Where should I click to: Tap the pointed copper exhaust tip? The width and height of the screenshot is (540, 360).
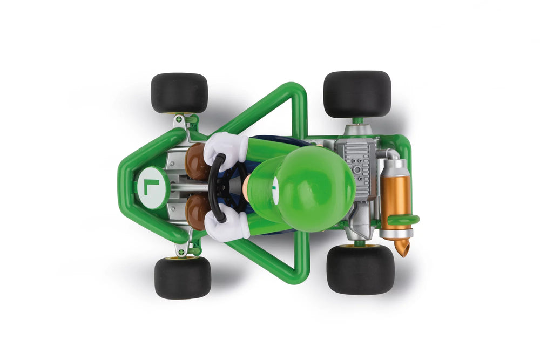click(x=401, y=248)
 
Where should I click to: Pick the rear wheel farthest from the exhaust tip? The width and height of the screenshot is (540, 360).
click(x=357, y=94)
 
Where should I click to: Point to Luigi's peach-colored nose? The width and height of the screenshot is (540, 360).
click(x=246, y=187)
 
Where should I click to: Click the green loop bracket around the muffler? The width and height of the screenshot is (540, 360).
click(x=402, y=220)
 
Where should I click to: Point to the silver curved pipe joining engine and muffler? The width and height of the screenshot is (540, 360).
click(x=387, y=154)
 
